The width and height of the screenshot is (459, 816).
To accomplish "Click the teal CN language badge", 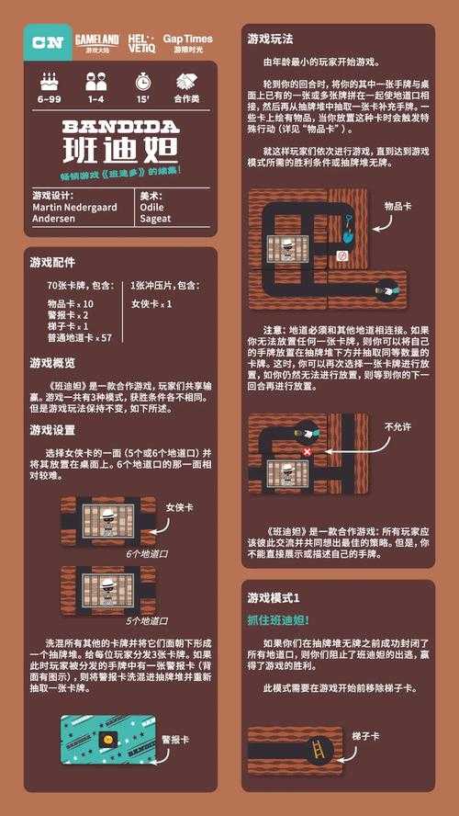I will click(47, 41).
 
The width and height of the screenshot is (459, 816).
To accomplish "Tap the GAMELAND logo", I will click(96, 41).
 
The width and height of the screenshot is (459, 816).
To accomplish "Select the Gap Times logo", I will click(187, 41).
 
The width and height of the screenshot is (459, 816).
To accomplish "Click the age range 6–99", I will click(50, 97).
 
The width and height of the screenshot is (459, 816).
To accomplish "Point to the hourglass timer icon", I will click(142, 82).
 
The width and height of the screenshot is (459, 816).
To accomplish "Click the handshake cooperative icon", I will click(188, 82).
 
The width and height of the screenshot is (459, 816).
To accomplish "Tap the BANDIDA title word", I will click(121, 126).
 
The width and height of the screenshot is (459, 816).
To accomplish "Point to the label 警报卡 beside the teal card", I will click(174, 739).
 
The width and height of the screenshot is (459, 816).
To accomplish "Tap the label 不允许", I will click(396, 426).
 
